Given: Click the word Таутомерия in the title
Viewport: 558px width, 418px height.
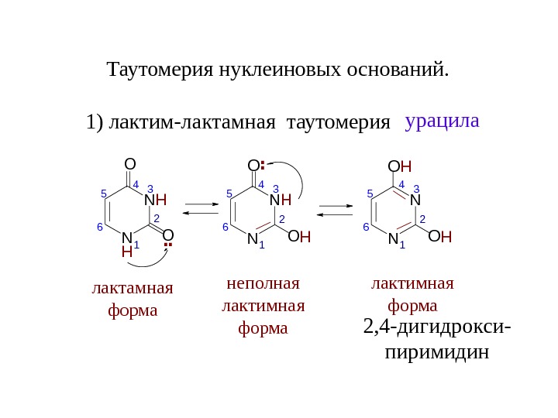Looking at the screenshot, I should point(150,71).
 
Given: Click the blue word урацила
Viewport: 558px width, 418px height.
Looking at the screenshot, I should point(443,122).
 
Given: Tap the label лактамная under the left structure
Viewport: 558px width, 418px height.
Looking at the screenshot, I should point(132,289).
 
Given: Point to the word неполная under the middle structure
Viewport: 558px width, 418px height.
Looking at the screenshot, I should point(263,283).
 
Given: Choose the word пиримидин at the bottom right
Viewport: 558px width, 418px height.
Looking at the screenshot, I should point(437,353).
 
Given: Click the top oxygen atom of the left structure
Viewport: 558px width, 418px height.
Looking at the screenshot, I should point(129,165).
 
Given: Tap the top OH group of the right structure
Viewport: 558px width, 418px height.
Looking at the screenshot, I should point(400,167).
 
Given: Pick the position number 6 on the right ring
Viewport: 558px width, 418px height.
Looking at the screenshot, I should point(366,228).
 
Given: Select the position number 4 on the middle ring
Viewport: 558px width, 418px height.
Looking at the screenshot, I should point(261,186).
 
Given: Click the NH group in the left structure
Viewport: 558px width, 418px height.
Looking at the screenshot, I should point(156,200).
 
